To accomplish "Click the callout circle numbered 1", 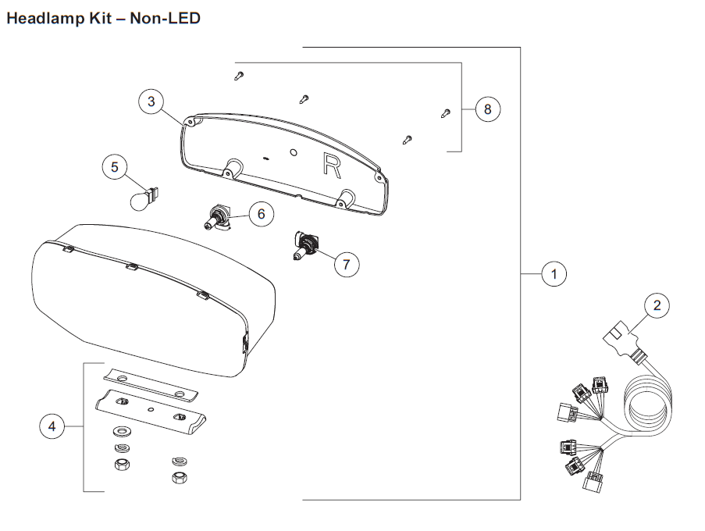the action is [554, 274].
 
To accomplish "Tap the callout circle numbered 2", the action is [657, 305].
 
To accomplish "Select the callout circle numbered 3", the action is [151, 102].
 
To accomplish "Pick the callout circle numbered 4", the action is [52, 426].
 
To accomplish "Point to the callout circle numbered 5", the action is [115, 167].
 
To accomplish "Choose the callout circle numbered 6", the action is [262, 214].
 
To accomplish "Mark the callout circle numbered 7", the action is [347, 265].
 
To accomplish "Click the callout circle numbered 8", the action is [488, 109].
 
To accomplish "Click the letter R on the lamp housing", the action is [332, 165].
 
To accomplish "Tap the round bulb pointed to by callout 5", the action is [143, 198].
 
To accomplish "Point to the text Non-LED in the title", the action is [165, 19].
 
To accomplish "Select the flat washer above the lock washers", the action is [120, 432].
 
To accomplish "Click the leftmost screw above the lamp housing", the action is [239, 76].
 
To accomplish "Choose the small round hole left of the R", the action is [294, 152].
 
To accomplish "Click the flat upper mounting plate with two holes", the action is [150, 384].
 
